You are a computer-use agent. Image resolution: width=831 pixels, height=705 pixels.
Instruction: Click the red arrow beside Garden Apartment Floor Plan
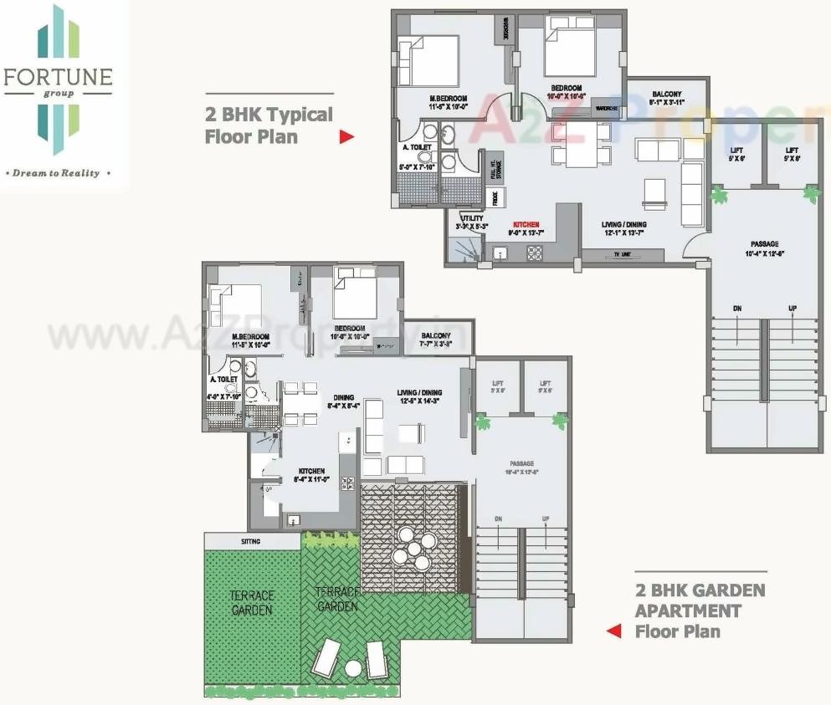click(x=614, y=631)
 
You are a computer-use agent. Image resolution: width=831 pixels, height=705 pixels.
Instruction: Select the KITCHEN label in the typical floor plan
click(x=526, y=225)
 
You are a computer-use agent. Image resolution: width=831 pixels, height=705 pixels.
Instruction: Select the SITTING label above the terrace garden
click(x=251, y=542)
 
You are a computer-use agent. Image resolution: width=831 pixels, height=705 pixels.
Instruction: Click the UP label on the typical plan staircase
click(x=792, y=309)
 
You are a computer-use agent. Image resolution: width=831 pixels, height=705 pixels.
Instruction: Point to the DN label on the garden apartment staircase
click(x=500, y=519)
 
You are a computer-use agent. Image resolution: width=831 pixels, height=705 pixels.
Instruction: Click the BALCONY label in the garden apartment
click(x=436, y=335)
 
